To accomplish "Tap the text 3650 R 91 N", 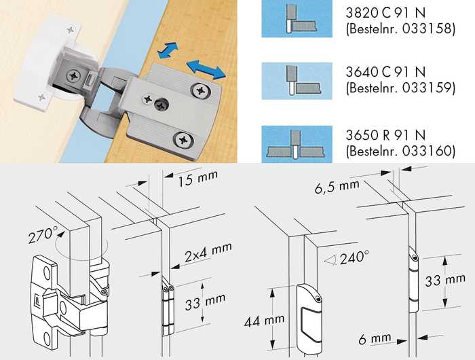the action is point(385,135).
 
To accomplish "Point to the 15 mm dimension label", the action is point(198,179).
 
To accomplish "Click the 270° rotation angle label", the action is point(41,235).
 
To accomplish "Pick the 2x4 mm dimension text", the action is point(208,252).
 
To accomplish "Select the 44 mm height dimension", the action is point(264,321).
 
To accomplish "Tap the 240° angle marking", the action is point(354,258).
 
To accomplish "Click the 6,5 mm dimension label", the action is point(337,186).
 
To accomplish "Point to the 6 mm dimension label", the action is point(375,338).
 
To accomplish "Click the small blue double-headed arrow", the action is point(168,50).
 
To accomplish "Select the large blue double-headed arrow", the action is point(206,69).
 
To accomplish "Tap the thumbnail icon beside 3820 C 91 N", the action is point(297,19).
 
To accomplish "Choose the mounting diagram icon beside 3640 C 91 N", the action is point(297,81).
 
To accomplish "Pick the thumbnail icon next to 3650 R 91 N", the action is point(297,144).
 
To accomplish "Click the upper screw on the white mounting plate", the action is point(71,30).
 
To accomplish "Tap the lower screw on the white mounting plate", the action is point(41,98).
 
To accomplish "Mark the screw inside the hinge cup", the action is point(73,75).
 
